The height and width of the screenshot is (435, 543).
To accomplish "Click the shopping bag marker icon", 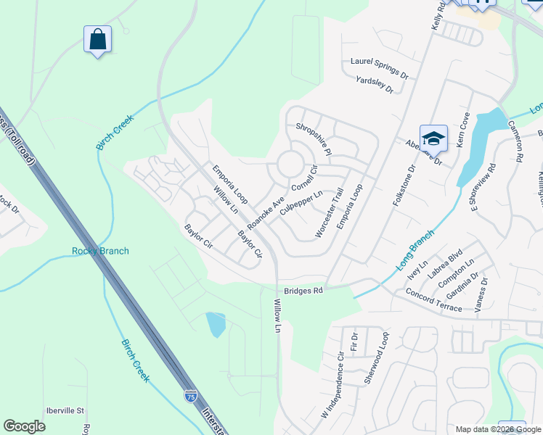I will [x=97, y=39].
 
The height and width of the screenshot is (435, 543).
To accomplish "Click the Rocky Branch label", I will [x=100, y=252].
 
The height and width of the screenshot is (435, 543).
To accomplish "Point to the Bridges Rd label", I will [x=303, y=290].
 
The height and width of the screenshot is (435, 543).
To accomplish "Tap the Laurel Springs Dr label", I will [x=380, y=68].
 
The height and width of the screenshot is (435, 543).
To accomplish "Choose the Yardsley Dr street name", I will [x=375, y=86].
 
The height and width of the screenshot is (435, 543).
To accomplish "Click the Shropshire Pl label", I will [x=314, y=139].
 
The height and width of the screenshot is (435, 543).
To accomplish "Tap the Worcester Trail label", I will [x=329, y=213].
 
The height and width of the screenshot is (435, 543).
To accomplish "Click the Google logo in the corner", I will [x=25, y=426].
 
